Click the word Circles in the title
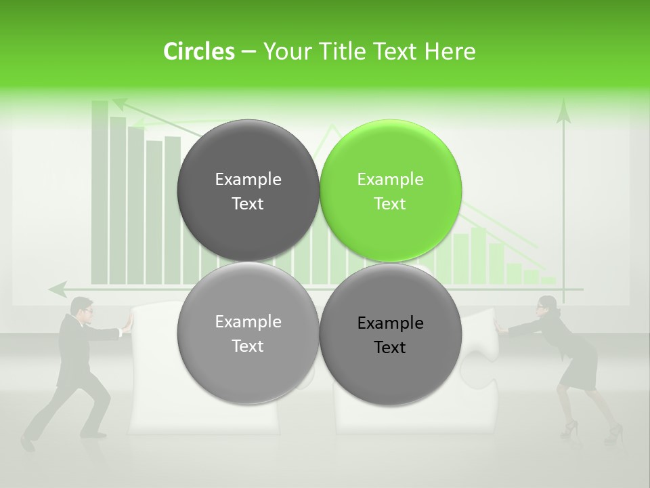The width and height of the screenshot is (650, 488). point(198,52)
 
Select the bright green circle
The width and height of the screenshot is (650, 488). point(391,190)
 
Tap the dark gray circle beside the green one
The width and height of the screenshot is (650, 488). point(248,190)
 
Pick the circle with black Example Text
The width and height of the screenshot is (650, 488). point(391,334)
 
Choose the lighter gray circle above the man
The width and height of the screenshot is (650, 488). point(248,333)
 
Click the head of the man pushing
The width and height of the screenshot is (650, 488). point(82,306)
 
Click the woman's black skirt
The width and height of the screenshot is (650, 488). point(582,367)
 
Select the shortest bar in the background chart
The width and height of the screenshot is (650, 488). point(548,280)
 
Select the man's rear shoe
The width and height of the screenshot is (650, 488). point(27,443)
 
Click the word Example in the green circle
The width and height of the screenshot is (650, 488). point(390,179)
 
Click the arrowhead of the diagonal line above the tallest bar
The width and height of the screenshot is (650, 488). point(119,104)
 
